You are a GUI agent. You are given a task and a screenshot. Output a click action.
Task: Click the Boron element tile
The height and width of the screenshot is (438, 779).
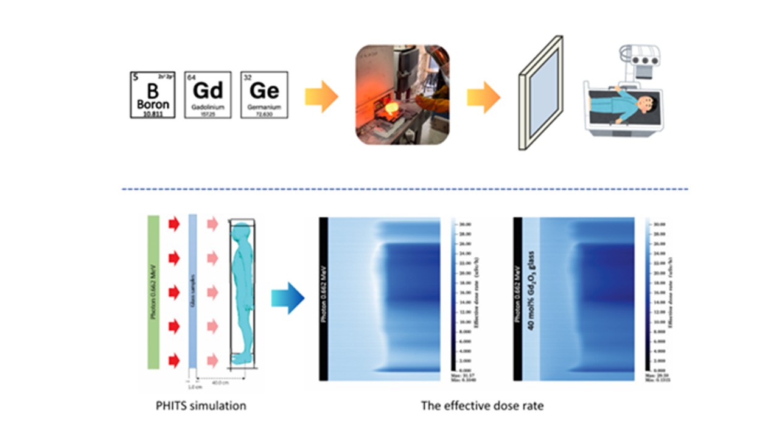152,94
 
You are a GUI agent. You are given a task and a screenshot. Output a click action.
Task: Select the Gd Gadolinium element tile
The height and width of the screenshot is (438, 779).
208,94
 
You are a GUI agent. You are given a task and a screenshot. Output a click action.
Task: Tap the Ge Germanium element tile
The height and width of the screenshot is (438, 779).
264,94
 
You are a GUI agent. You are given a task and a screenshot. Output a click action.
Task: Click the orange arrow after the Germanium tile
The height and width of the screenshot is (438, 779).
321,97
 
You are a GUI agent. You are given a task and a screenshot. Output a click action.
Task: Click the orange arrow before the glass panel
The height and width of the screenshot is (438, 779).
483,97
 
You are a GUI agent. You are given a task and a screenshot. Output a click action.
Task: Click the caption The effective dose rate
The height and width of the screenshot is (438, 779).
482,406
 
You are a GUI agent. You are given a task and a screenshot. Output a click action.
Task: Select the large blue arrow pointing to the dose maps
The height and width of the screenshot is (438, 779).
287,299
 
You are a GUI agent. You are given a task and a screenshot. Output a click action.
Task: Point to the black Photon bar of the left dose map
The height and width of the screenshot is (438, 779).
324,298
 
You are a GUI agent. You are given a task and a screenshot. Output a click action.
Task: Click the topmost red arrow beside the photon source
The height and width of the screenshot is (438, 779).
174,224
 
